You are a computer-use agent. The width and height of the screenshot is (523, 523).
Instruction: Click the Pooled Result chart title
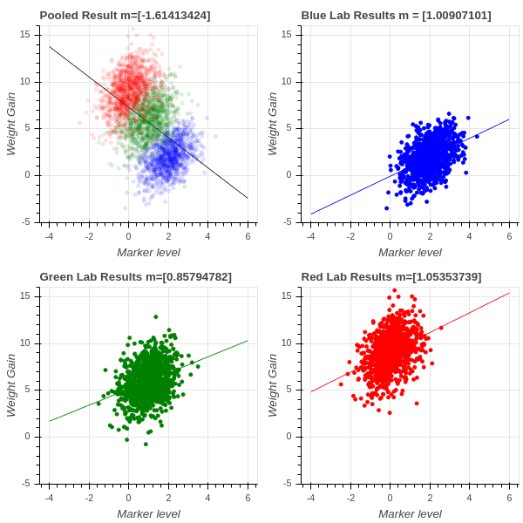(125, 16)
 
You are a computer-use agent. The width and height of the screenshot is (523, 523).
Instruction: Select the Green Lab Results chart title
(135, 277)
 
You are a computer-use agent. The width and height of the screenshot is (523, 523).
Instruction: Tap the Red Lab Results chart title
(391, 277)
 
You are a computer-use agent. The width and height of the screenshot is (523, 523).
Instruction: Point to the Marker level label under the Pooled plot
(148, 252)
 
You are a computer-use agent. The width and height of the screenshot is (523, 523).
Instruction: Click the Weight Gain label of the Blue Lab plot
(273, 124)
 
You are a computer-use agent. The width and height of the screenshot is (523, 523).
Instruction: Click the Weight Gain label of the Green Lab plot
(11, 385)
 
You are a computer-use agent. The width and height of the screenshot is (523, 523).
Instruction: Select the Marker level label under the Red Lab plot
(410, 513)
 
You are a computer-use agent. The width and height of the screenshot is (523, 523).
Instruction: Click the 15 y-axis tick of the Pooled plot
(25, 35)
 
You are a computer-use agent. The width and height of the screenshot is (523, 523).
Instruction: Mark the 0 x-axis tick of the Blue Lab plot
(390, 235)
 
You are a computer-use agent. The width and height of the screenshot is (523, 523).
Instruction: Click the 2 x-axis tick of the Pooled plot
(168, 235)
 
